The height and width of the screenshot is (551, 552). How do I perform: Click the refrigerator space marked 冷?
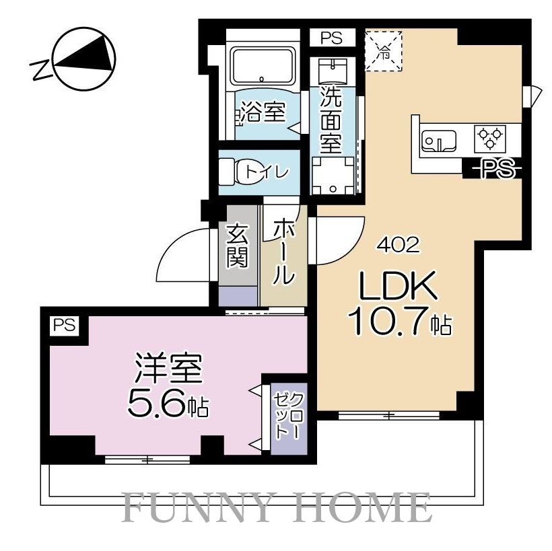pos(383,49)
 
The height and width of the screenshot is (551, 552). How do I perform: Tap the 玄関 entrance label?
pos(238,246)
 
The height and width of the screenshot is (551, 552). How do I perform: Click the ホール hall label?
pos(284,252)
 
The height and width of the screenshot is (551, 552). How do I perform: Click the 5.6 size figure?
pos(159,405)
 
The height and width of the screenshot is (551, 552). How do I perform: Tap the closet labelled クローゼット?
pos(287,416)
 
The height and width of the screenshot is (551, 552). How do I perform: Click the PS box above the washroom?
pos(331,38)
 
